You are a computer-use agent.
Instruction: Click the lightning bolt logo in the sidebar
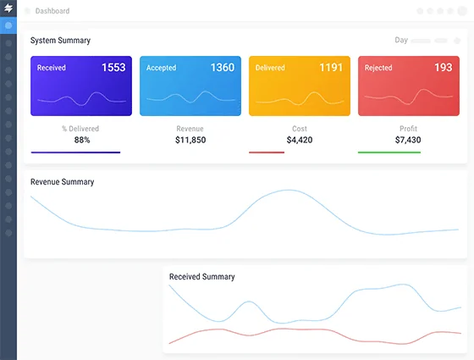pos(8,8)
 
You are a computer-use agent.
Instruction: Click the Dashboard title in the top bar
pos(52,11)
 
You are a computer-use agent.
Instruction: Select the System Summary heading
pos(60,41)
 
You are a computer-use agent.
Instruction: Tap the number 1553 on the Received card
pos(113,68)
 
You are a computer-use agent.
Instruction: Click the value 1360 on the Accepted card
pos(223,68)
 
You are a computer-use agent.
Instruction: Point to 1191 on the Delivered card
pos(331,68)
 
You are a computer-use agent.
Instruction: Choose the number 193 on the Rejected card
pos(444,68)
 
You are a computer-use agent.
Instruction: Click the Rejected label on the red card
pos(378,68)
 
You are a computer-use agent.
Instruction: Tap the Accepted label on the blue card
pos(161,68)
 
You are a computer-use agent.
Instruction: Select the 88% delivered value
pos(82,140)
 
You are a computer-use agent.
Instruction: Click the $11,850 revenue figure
pos(190,140)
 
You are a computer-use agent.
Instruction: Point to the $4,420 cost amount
pos(300,140)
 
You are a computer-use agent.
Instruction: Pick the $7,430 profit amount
pos(408,140)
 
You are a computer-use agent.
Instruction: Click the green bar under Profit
pos(389,152)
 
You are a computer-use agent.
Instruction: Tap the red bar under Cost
pos(267,152)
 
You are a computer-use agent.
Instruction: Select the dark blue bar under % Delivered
pos(75,152)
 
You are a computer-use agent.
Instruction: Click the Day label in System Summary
pos(401,40)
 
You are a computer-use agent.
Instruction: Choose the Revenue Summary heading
pos(63,182)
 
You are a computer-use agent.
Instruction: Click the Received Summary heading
pos(202,277)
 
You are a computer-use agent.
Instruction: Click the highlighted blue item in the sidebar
pos(8,25)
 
